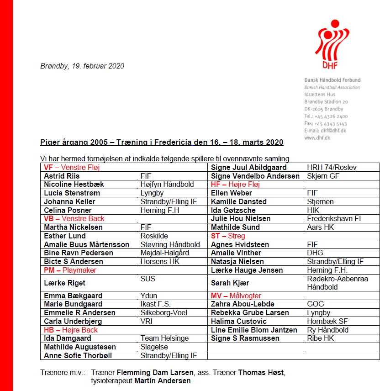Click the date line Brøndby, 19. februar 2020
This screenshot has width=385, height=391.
82,66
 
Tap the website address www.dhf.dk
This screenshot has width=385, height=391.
317,137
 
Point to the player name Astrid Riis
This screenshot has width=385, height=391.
62,176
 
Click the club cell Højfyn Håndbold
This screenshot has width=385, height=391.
167,185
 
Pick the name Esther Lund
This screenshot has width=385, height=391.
64,236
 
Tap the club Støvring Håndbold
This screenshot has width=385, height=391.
170,245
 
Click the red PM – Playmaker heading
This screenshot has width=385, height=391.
70,270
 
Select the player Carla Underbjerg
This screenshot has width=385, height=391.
73,322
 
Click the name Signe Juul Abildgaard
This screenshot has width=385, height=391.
248,168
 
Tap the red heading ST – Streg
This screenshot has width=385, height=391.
228,236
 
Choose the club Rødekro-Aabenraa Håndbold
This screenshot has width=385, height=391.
338,283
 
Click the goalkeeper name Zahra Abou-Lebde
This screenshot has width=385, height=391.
243,304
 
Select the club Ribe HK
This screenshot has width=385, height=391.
321,338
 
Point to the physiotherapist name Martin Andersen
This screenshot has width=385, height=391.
162,381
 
